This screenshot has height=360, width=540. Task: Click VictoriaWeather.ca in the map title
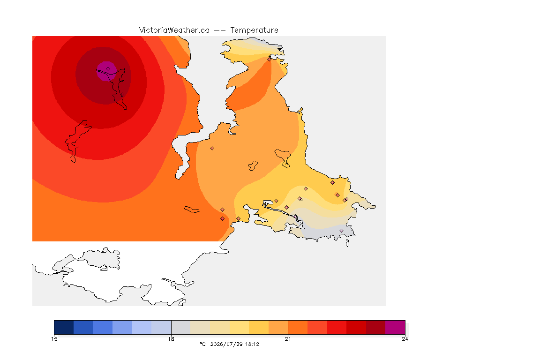174,30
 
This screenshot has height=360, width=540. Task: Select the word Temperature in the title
254,30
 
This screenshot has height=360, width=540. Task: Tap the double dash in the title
220,30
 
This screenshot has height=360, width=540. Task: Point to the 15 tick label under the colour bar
54,339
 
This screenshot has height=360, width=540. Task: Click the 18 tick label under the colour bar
171,339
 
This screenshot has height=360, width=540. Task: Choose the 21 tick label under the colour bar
288,339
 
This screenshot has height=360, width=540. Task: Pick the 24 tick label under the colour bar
405,339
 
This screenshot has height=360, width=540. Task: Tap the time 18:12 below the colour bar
252,344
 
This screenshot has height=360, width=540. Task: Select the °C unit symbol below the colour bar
202,344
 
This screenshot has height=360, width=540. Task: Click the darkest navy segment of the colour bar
64,327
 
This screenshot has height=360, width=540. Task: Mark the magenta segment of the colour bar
395,327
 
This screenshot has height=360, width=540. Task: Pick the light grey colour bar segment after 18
181,327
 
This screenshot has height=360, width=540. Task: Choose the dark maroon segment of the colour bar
376,327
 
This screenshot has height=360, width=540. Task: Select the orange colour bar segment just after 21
298,327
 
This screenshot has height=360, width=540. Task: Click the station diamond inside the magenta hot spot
108,69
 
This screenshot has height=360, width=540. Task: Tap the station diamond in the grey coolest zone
341,231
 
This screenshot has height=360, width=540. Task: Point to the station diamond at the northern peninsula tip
270,59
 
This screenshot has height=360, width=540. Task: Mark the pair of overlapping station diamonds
346,200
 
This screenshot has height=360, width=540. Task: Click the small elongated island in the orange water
192,210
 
